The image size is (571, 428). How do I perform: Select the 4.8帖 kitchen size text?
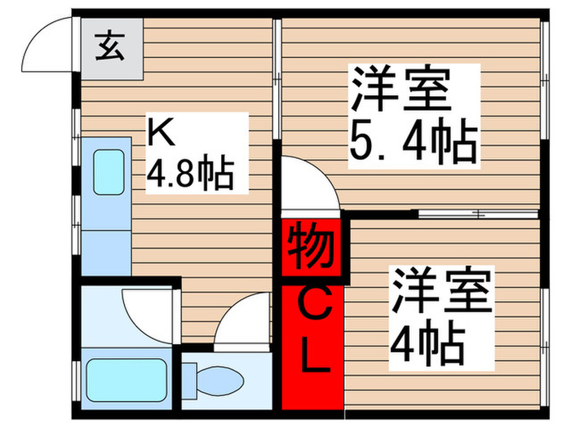point(188,172)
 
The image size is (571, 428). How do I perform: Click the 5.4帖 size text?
point(412,144)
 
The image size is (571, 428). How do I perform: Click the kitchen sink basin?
point(107,172)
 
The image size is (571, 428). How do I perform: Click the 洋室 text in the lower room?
point(441,293)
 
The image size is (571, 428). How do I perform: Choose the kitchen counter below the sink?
point(106,253)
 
